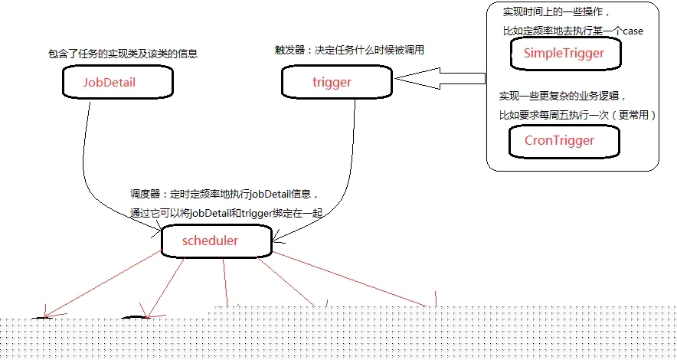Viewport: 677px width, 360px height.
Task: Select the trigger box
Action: coord(331,82)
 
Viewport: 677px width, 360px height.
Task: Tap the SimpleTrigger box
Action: coord(564,54)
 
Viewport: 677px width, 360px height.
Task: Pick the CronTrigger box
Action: coord(560,141)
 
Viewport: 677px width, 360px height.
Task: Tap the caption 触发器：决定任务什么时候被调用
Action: coord(349,50)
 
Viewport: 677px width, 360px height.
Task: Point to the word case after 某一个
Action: coord(633,31)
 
